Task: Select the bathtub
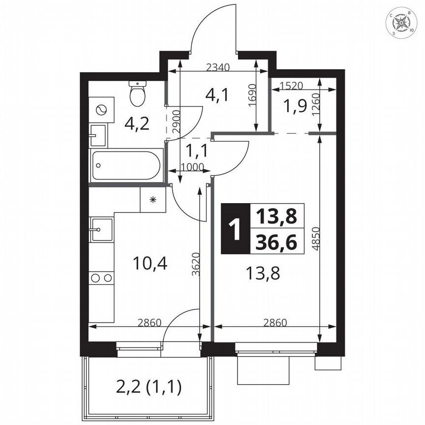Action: pyautogui.click(x=126, y=165)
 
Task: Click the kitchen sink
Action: pyautogui.click(x=101, y=229)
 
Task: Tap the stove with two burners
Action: pyautogui.click(x=101, y=278)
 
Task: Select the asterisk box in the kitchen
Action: pyautogui.click(x=152, y=199)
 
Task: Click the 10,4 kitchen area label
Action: pyautogui.click(x=151, y=264)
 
